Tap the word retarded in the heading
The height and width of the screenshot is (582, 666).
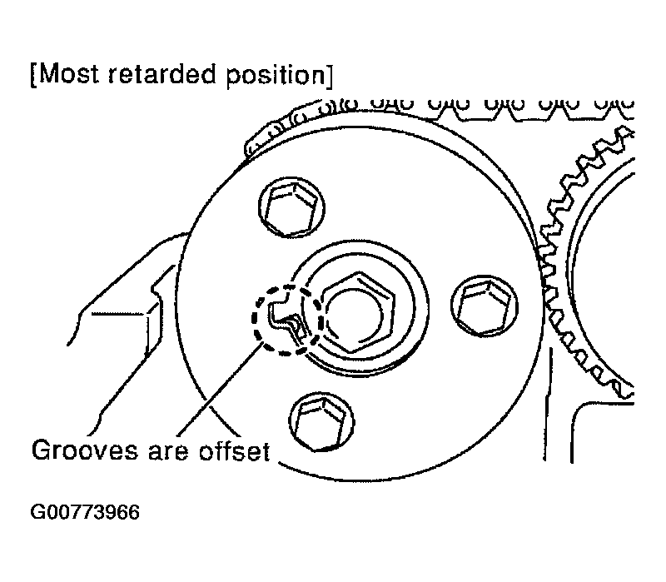(163, 74)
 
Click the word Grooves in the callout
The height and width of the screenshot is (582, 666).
(85, 450)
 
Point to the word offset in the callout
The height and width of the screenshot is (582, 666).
(235, 450)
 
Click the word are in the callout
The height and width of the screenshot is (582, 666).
(168, 453)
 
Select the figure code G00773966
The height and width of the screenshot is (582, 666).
(85, 512)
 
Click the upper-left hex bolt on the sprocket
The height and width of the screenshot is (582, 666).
(292, 206)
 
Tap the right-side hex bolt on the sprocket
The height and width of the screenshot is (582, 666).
(485, 306)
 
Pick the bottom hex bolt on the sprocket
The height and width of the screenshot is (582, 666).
(321, 422)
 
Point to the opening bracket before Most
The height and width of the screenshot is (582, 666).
(34, 75)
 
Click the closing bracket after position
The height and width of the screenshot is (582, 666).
(330, 77)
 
